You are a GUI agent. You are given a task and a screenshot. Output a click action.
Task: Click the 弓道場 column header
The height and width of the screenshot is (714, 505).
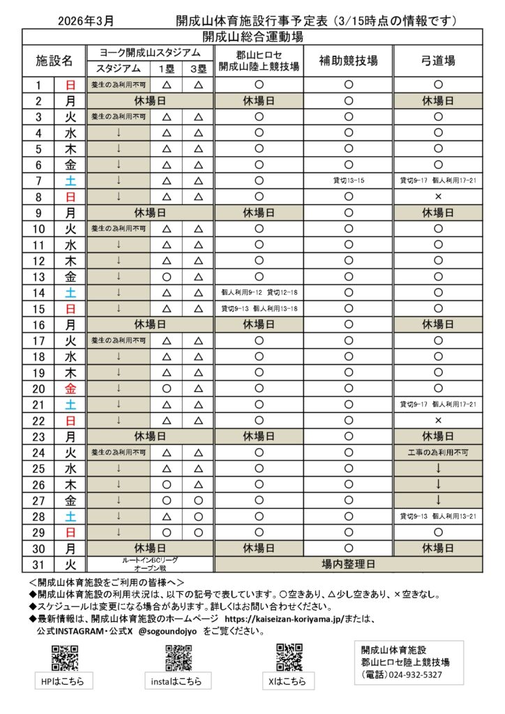[438, 61]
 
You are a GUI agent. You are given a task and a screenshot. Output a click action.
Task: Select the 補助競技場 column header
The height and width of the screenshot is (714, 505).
[349, 61]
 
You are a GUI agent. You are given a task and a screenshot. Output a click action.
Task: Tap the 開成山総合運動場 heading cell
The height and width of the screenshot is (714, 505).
[252, 36]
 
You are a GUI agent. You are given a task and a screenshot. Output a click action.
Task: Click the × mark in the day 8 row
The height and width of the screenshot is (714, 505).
[438, 197]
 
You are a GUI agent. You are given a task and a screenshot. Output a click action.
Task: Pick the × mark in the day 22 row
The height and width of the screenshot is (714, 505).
[438, 420]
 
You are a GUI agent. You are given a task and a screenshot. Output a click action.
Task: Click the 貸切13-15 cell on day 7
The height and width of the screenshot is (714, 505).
[349, 181]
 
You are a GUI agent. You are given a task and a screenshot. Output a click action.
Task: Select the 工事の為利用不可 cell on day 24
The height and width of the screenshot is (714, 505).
[438, 453]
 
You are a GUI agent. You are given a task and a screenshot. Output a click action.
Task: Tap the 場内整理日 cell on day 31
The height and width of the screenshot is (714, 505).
[349, 564]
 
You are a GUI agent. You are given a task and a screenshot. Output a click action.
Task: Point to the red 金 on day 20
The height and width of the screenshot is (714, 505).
[70, 389]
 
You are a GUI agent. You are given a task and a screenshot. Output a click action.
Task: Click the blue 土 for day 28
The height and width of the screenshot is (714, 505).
[70, 517]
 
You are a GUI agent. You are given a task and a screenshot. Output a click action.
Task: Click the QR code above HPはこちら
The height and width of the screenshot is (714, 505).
[64, 658]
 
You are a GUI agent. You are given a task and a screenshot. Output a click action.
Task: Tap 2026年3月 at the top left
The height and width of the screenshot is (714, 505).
[86, 20]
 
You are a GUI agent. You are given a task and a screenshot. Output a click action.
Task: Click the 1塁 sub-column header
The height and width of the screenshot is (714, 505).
[167, 69]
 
